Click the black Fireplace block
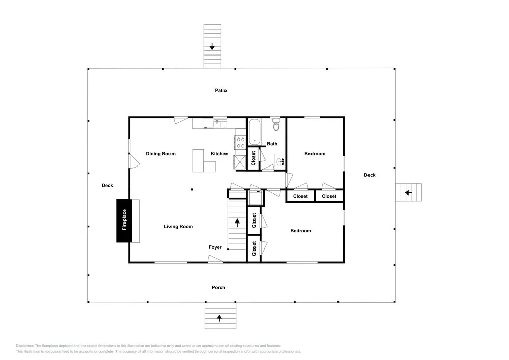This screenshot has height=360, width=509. (124, 221)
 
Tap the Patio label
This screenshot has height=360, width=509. (221, 90)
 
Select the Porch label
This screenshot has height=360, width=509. (218, 287)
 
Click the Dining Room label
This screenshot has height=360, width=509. (160, 154)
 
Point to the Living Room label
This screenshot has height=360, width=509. (178, 226)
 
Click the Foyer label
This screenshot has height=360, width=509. (215, 247)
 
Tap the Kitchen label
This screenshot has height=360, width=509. (219, 154)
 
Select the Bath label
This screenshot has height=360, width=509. (272, 144)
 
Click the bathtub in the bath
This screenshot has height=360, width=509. (254, 132)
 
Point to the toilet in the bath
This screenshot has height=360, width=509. (276, 124)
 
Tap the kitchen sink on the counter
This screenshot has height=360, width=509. (220, 123)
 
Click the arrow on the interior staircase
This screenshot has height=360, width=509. (237, 223)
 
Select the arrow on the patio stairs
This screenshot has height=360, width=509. (212, 46)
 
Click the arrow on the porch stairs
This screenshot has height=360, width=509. (219, 318)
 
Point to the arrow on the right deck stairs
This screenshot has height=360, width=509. (408, 193)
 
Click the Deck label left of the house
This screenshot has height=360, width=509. (107, 185)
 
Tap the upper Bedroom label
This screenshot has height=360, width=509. (315, 154)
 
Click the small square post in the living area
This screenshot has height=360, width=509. (192, 189)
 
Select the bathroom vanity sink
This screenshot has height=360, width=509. (280, 161)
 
